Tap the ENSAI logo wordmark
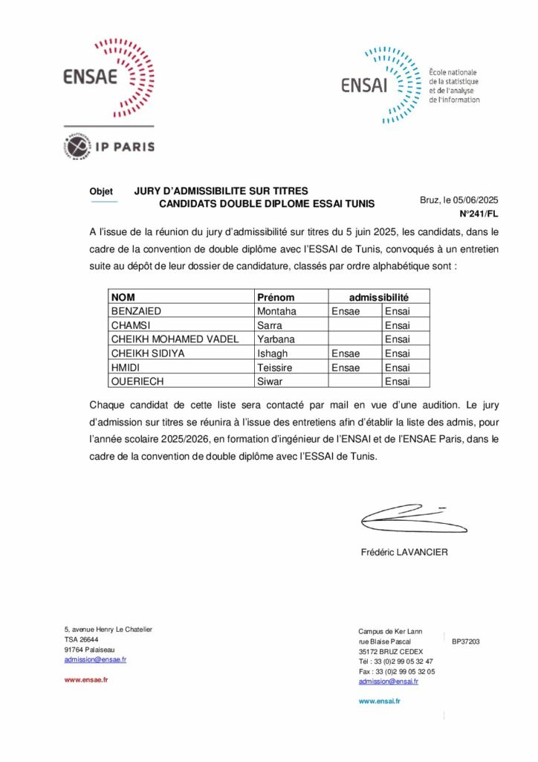tap(365, 86)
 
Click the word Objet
tap(101, 192)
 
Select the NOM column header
tap(123, 297)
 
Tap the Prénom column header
tap(275, 297)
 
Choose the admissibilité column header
tap(379, 297)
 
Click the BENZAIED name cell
tap(136, 311)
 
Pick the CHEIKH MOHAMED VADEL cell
tap(175, 339)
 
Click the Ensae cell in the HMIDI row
tap(345, 368)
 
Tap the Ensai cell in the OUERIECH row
tap(397, 382)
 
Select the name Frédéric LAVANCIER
tap(404, 552)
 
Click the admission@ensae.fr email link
tap(95, 659)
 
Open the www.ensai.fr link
tap(379, 701)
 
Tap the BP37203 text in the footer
tap(466, 641)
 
